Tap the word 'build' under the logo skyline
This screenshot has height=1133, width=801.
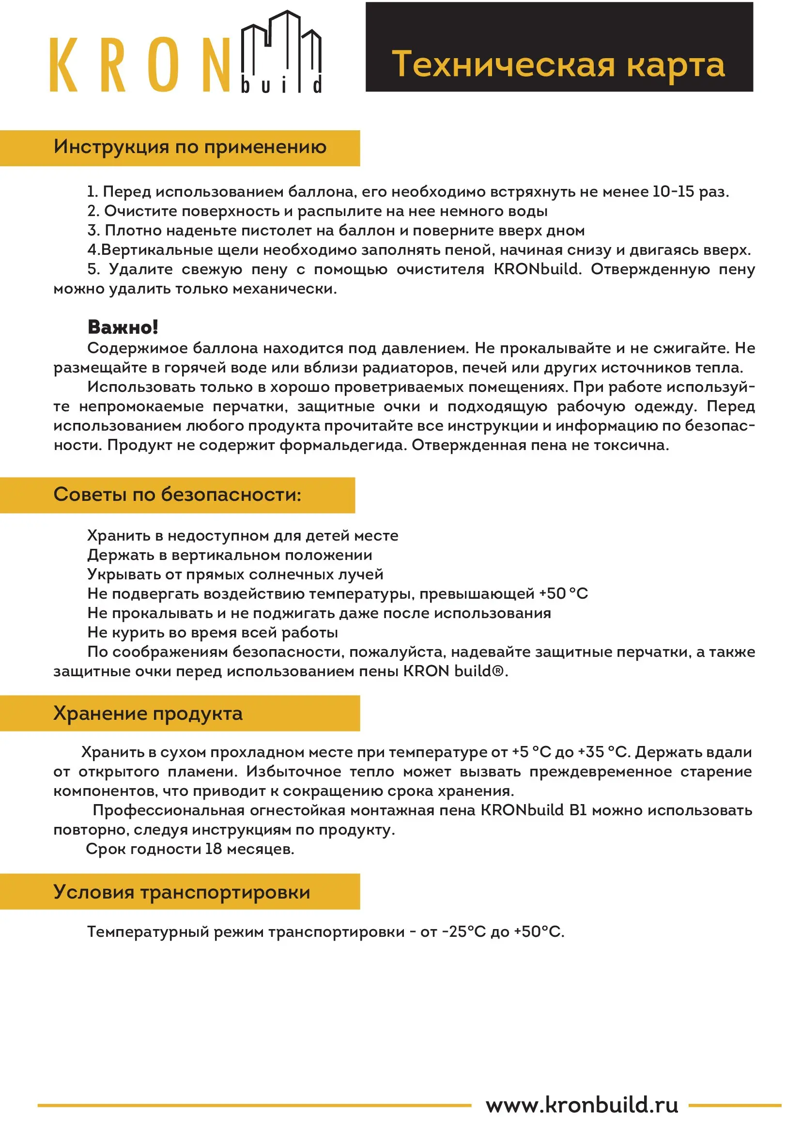click(281, 85)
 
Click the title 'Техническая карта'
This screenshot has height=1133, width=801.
click(558, 64)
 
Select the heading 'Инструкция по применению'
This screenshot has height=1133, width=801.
click(190, 147)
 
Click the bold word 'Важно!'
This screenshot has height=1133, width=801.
click(123, 327)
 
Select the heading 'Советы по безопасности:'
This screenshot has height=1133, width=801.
click(177, 495)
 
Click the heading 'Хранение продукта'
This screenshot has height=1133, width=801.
click(148, 714)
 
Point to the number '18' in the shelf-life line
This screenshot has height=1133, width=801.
click(214, 849)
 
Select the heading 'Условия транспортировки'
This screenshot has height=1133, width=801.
click(182, 892)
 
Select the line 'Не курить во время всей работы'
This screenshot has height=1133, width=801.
click(213, 633)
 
